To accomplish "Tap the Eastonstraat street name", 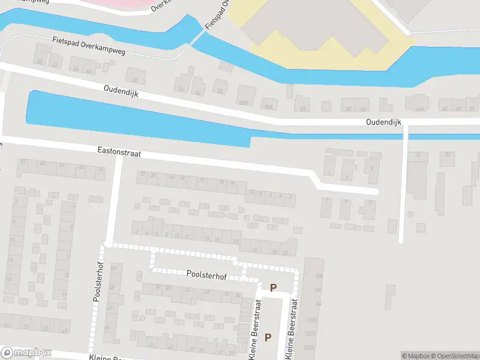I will (x=119, y=154).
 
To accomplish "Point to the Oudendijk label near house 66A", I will (x=384, y=122).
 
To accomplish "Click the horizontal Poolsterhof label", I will (x=206, y=276).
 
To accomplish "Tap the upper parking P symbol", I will (x=274, y=288).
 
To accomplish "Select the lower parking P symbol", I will (x=268, y=337).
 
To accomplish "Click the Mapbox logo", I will (x=26, y=353).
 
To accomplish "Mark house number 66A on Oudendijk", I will (x=420, y=109).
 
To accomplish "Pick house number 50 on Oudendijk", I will (x=136, y=80).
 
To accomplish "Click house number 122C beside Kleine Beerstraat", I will (x=310, y=334).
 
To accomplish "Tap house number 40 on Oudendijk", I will (x=40, y=62).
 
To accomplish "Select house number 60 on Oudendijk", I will (x=303, y=109).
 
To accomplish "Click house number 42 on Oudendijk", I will (x=55, y=65).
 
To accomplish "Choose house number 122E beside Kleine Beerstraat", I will (x=310, y=320).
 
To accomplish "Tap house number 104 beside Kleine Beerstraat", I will (x=319, y=275).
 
